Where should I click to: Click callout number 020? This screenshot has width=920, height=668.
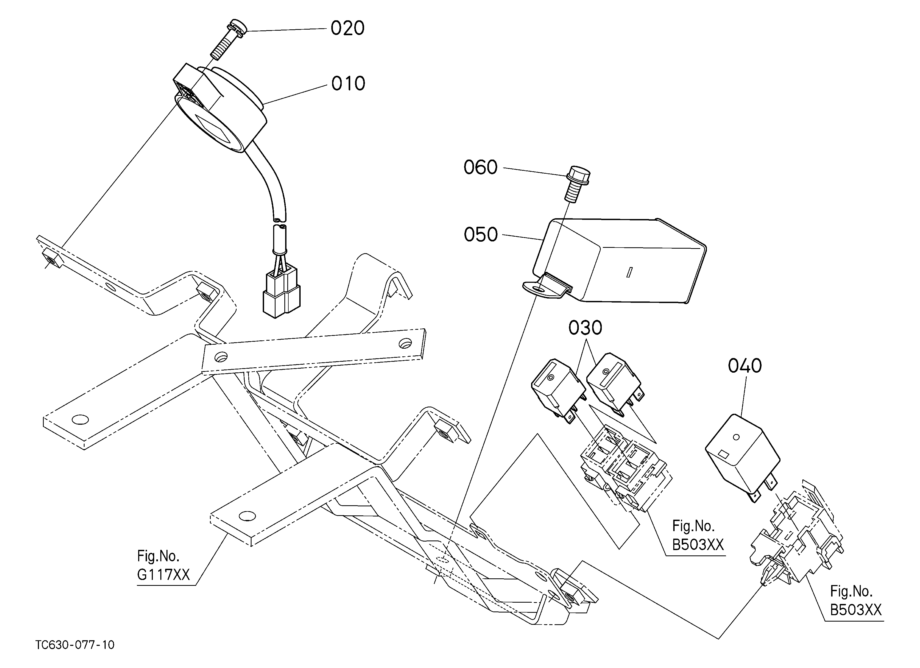(347, 28)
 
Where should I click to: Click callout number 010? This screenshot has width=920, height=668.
(348, 84)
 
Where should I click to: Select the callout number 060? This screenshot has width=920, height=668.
(480, 168)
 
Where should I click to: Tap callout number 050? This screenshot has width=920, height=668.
(481, 235)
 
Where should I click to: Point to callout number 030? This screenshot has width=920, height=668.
(585, 328)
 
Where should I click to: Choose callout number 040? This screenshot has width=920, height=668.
(745, 366)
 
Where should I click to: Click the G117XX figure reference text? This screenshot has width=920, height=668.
(164, 566)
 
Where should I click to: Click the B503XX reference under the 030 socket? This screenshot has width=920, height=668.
(698, 535)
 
